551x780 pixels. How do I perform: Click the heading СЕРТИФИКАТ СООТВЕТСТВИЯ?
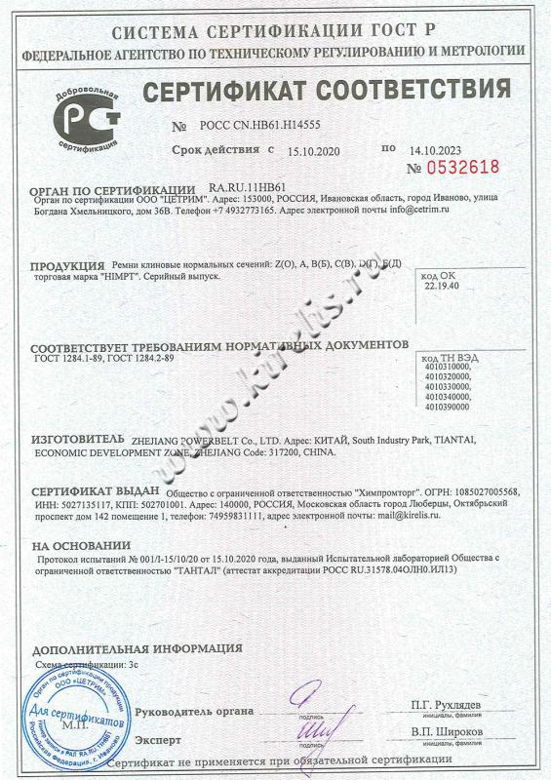[327, 94]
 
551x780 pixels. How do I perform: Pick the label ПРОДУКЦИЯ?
[66, 266]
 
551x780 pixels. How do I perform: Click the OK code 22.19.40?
[440, 288]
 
